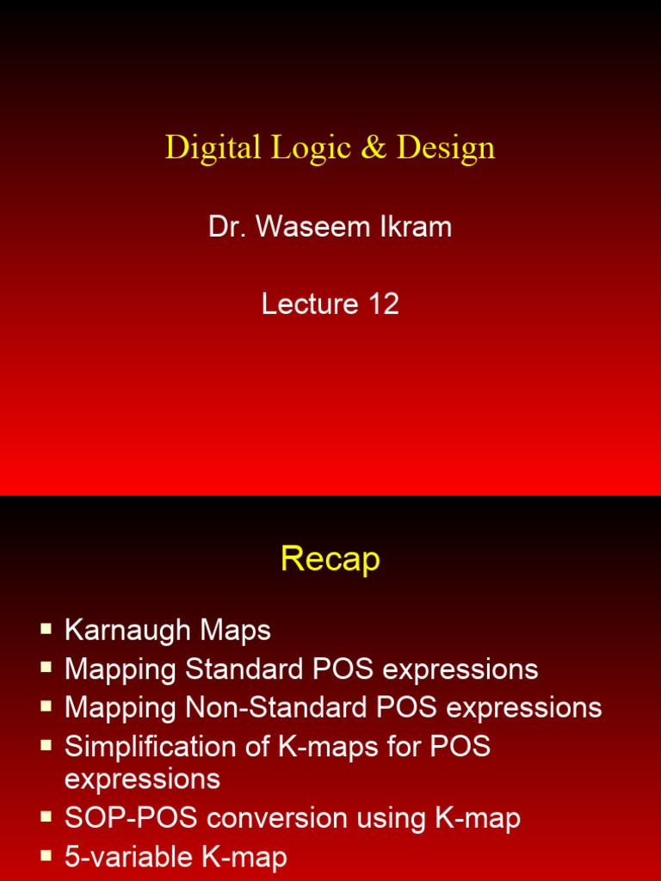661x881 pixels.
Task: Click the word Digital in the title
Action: pos(213,148)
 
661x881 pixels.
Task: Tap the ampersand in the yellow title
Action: pos(374,148)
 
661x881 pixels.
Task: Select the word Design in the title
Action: pos(446,148)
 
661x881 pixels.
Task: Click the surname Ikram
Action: pos(419,227)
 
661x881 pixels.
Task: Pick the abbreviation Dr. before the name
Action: pos(225,227)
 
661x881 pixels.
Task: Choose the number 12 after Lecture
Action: pos(383,304)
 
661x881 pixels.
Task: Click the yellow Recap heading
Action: pos(330,560)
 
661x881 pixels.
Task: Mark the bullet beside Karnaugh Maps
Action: pos(46,630)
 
